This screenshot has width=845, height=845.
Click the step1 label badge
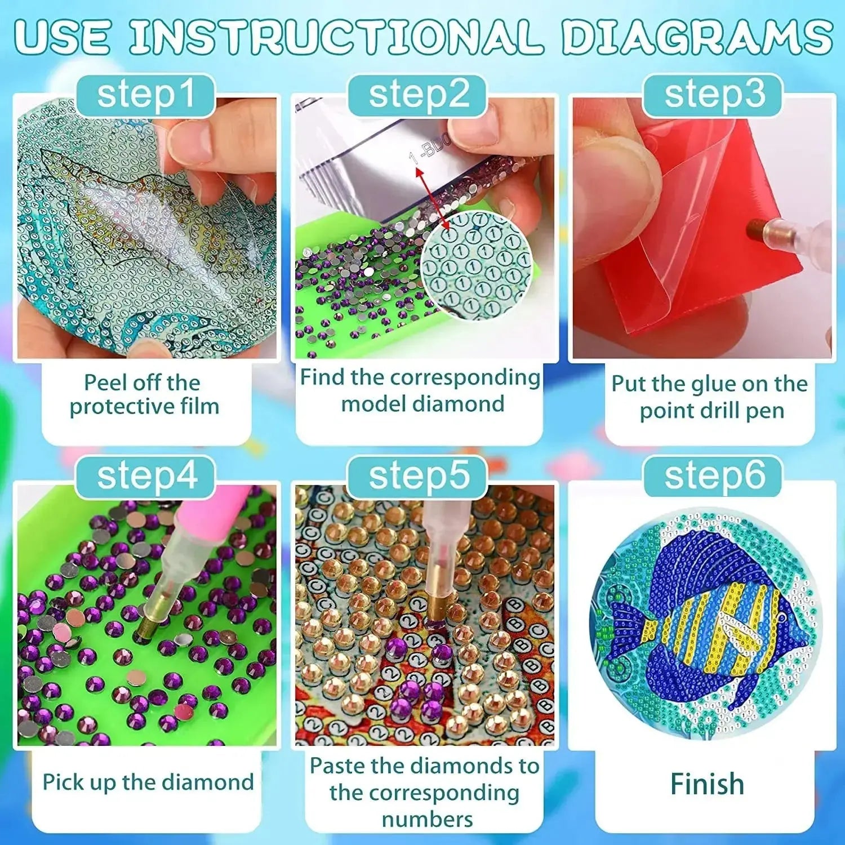[x=145, y=95]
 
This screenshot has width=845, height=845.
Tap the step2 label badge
[x=418, y=95]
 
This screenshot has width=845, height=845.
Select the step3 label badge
[x=714, y=95]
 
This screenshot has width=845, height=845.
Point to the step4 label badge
[x=146, y=477]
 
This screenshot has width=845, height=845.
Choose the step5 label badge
[x=418, y=477]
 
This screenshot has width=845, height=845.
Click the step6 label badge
[x=714, y=477]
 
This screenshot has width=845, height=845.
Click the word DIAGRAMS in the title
[x=696, y=37]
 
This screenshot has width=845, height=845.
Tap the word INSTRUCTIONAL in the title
[x=335, y=37]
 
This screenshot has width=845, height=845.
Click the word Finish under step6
[x=707, y=784]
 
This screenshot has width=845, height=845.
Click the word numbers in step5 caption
[x=427, y=819]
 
